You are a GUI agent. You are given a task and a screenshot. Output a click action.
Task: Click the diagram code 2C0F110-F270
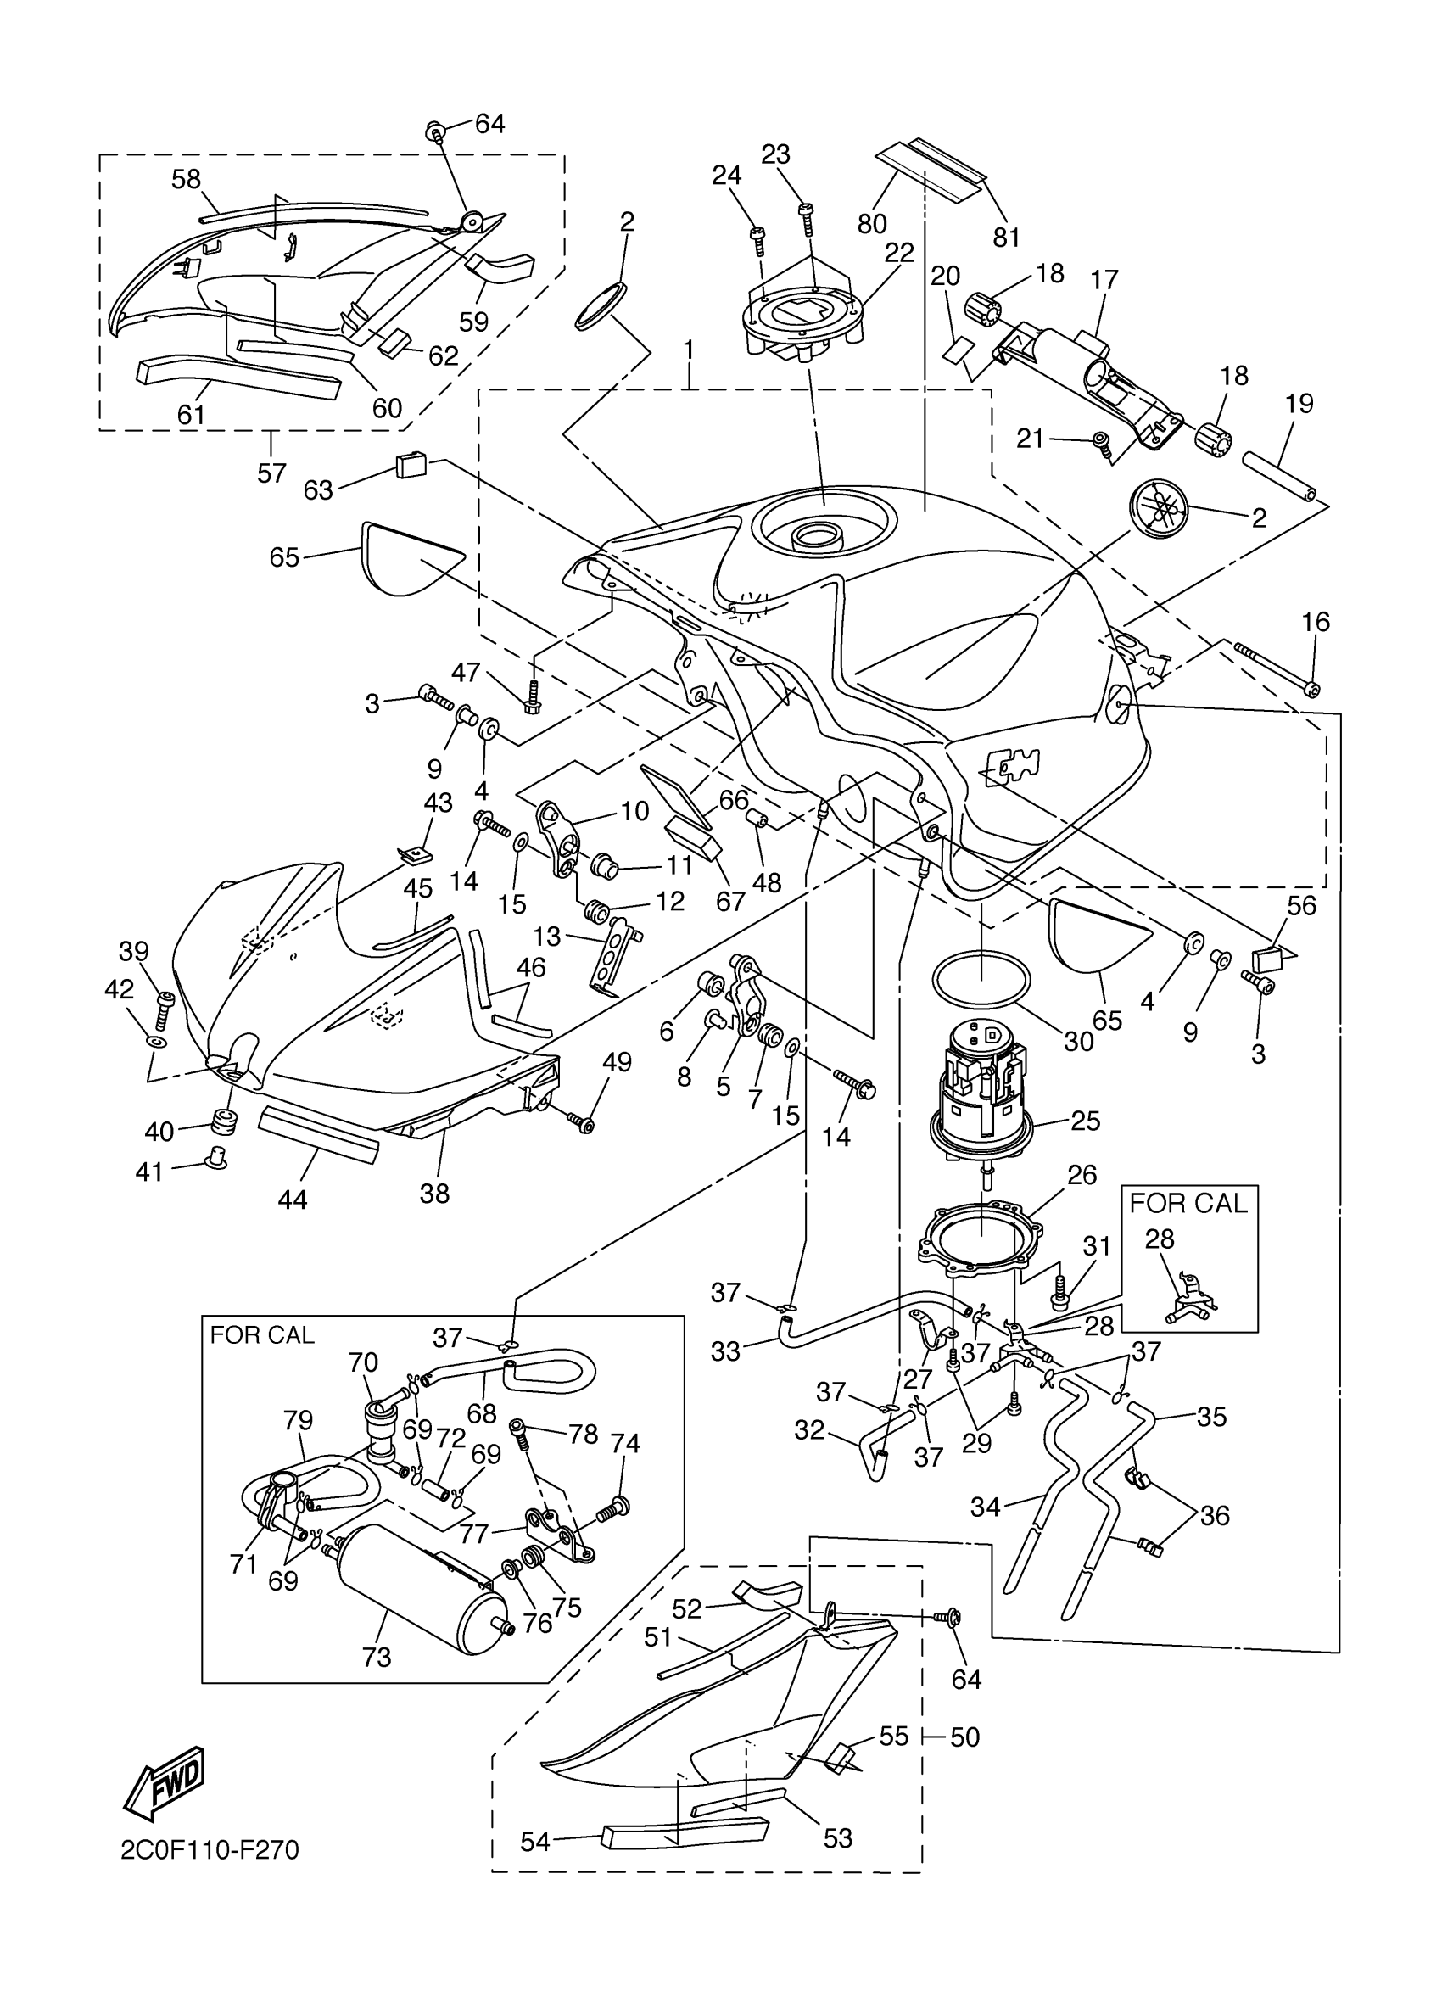(210, 1873)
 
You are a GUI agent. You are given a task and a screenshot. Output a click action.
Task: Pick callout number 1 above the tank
(689, 350)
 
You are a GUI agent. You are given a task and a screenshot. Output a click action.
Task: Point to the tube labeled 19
(1276, 474)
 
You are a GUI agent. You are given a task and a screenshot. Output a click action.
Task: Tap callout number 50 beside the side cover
(964, 1737)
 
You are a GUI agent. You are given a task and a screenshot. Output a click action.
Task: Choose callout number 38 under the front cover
(434, 1193)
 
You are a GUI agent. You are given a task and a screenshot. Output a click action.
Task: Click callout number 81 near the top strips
(1007, 237)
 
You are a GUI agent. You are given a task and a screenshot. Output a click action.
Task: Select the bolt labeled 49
(582, 1122)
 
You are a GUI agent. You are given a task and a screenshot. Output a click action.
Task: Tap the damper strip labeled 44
(318, 1134)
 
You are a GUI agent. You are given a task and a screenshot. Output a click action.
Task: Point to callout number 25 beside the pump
(1085, 1121)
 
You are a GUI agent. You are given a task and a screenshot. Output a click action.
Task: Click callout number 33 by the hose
(726, 1352)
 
